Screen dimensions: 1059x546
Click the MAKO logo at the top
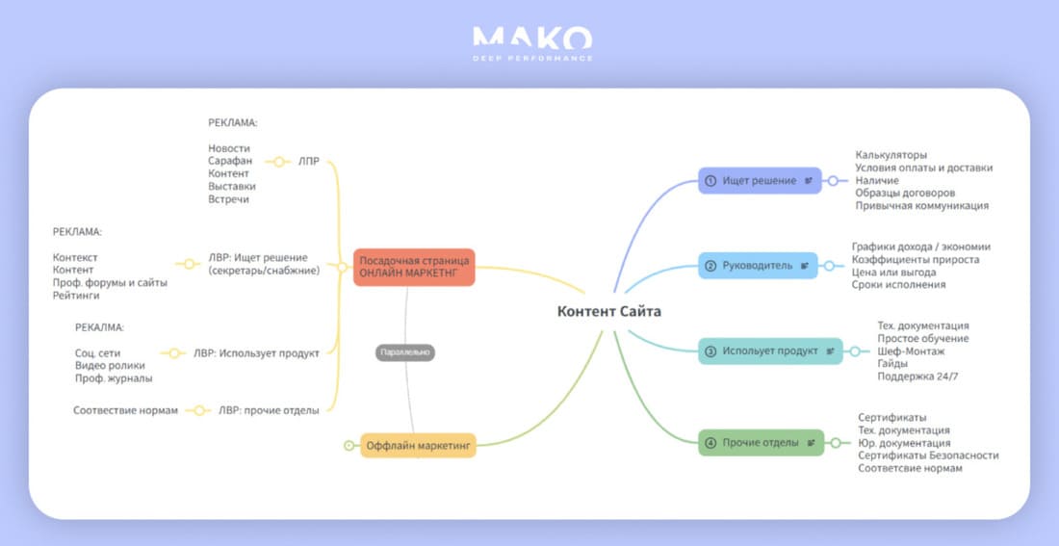pyautogui.click(x=532, y=43)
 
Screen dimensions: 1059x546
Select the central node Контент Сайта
pyautogui.click(x=609, y=311)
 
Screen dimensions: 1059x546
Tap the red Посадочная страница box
pyautogui.click(x=414, y=267)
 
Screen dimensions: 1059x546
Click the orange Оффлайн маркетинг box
pyautogui.click(x=418, y=446)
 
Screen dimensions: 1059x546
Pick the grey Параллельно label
pyautogui.click(x=405, y=352)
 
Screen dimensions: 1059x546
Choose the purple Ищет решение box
pyautogui.click(x=760, y=181)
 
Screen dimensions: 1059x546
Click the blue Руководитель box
pyautogui.click(x=758, y=266)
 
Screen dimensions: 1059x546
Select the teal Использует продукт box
pyautogui.click(x=770, y=351)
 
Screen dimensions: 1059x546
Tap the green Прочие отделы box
pyautogui.click(x=762, y=443)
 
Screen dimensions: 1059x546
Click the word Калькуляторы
pyautogui.click(x=891, y=155)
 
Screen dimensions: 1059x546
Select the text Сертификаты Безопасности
pyautogui.click(x=928, y=455)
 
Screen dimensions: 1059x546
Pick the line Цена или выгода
pyautogui.click(x=893, y=273)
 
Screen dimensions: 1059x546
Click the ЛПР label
pyautogui.click(x=309, y=162)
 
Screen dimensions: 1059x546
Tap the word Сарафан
pyautogui.click(x=230, y=161)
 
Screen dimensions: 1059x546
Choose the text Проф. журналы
pyautogui.click(x=114, y=378)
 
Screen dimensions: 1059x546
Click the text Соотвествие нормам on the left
pyautogui.click(x=125, y=410)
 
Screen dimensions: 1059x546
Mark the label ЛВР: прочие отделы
pyautogui.click(x=269, y=410)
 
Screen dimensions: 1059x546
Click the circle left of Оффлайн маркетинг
pyautogui.click(x=349, y=446)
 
